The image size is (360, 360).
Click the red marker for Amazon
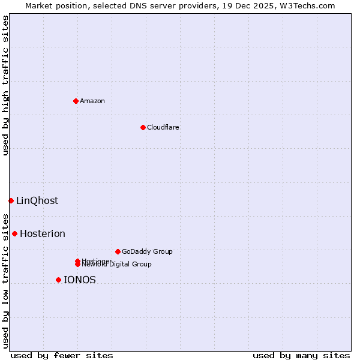click(76, 101)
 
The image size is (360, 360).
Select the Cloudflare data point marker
click(143, 127)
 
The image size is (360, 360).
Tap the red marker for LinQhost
click(11, 200)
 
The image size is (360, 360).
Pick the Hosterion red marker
click(14, 233)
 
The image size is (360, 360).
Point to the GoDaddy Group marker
click(118, 251)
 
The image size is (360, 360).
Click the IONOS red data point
click(58, 280)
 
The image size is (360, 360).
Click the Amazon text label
click(92, 101)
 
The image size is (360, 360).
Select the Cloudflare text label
click(163, 127)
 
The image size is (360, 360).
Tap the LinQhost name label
click(37, 200)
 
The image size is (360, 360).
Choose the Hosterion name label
click(43, 233)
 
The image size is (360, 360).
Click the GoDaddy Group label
click(147, 251)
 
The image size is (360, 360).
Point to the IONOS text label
click(80, 280)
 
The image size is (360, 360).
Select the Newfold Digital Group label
click(117, 264)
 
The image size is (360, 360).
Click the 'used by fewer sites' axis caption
click(62, 355)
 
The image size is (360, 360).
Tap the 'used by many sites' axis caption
click(301, 355)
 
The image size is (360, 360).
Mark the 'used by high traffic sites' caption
click(5, 85)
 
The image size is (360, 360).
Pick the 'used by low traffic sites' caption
click(5, 280)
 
